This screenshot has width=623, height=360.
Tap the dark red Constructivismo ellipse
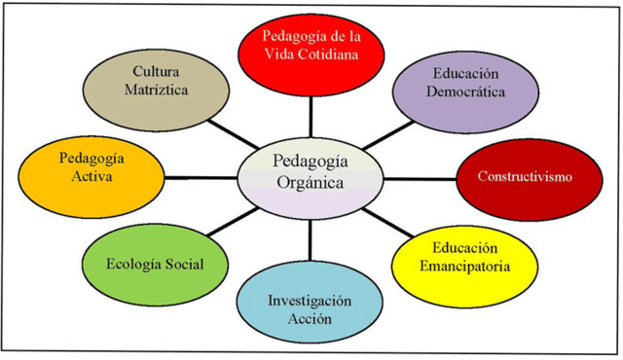click(x=525, y=178)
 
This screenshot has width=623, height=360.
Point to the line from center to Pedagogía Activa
click(x=200, y=177)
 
